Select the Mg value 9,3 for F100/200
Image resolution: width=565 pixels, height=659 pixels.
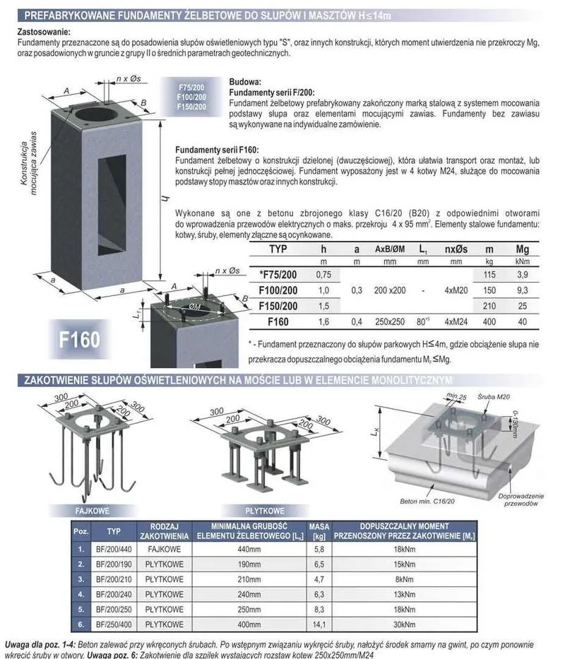coord(523,290)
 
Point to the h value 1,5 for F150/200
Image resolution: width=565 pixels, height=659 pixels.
coord(323,307)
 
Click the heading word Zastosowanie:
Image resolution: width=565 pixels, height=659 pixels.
coord(43,32)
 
